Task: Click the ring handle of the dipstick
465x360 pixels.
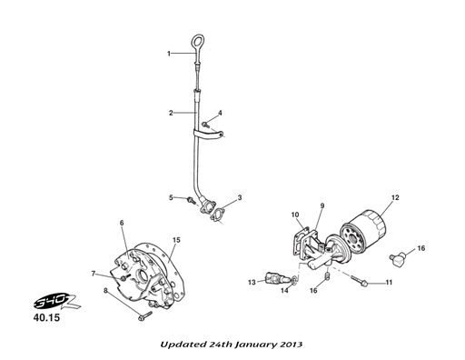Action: [193, 42]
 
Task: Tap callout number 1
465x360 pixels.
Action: [169, 54]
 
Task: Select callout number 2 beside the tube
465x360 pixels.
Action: [171, 113]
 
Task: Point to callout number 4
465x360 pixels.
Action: [220, 113]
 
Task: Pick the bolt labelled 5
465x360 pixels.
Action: [192, 200]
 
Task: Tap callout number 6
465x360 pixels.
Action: [122, 223]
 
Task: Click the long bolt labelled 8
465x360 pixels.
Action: [144, 316]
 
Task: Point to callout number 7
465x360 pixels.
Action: [94, 274]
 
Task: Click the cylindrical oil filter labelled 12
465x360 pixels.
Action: [362, 231]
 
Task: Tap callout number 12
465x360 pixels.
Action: [395, 197]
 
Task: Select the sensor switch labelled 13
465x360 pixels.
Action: [274, 277]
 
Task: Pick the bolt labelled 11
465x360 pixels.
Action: [360, 281]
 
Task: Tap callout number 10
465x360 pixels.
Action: [295, 215]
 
